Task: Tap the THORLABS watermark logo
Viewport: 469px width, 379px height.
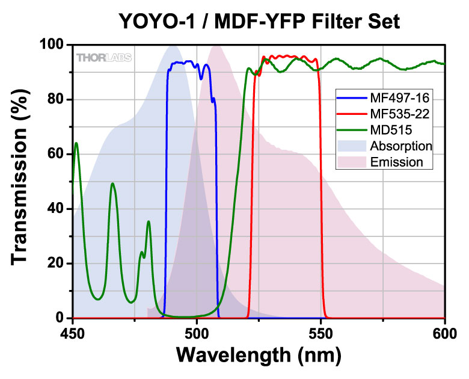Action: [104, 58]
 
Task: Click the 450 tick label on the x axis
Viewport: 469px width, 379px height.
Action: [72, 331]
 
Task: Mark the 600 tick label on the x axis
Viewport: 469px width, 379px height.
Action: [444, 331]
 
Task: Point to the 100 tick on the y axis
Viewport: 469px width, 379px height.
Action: [52, 45]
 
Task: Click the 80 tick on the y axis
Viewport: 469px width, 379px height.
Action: [57, 99]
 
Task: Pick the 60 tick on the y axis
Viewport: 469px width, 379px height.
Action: [57, 154]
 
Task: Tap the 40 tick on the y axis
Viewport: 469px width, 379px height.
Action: [57, 209]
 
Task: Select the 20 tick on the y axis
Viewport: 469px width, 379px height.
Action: [57, 263]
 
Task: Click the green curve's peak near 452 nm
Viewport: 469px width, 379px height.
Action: [76, 143]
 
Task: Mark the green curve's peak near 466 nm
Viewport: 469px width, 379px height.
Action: [112, 183]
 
